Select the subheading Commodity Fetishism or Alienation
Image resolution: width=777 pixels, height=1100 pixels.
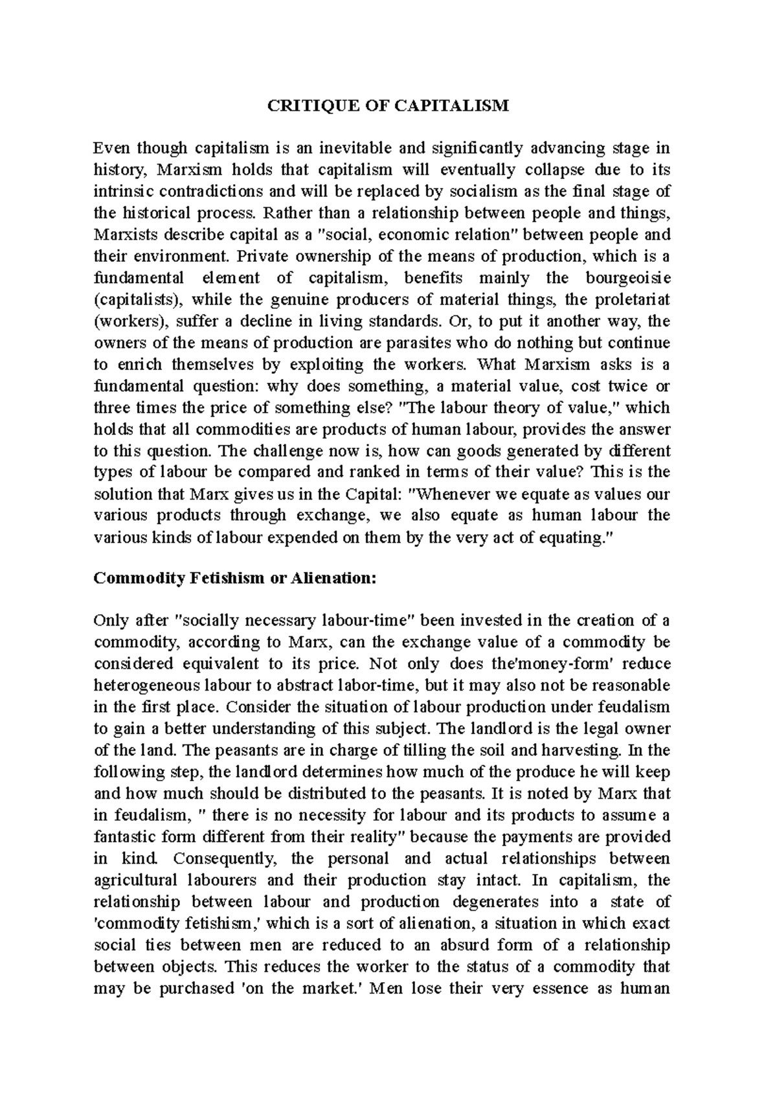click(234, 578)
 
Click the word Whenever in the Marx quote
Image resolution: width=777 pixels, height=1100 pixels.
click(451, 494)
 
